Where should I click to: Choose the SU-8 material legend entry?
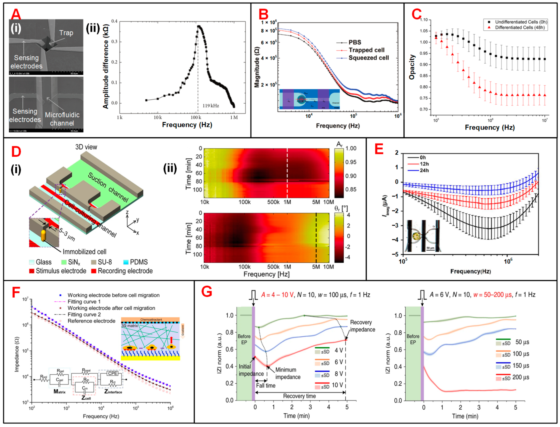pos(105,262)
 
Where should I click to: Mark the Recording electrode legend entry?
pos(125,271)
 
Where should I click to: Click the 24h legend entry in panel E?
pos(424,170)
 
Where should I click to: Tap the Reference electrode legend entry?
pos(91,321)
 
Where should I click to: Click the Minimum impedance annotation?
pos(287,373)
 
